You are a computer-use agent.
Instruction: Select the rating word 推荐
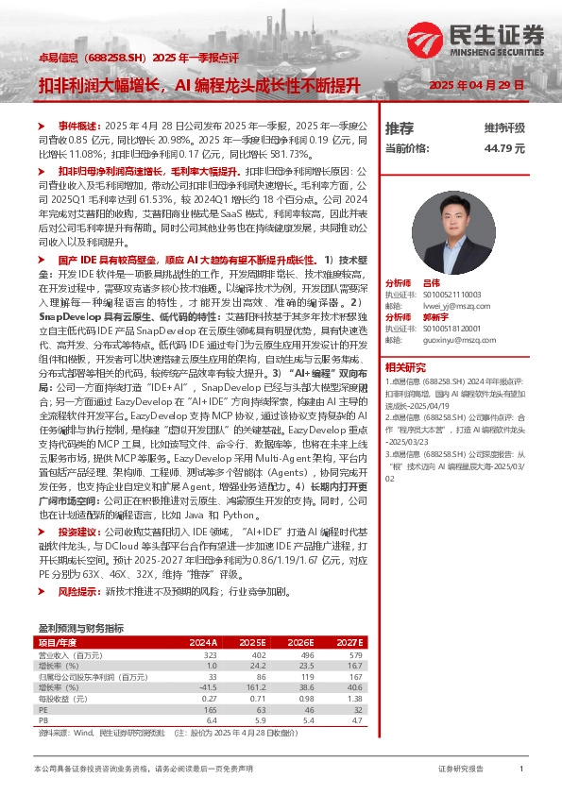pos(400,127)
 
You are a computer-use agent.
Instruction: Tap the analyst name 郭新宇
pos(436,316)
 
